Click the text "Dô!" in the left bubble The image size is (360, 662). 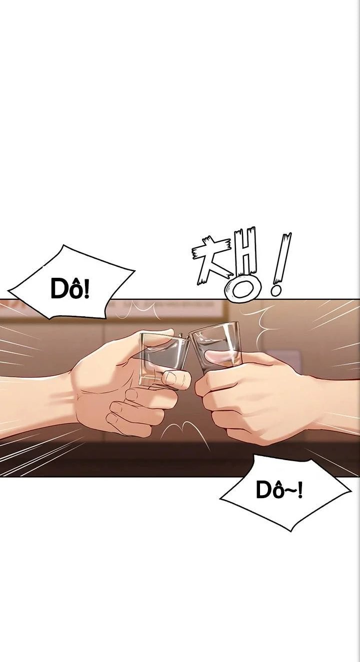(x=70, y=289)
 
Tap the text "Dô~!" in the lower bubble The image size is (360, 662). (x=279, y=490)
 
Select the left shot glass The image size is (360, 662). (x=164, y=359)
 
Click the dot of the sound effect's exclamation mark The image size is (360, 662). (x=275, y=291)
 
